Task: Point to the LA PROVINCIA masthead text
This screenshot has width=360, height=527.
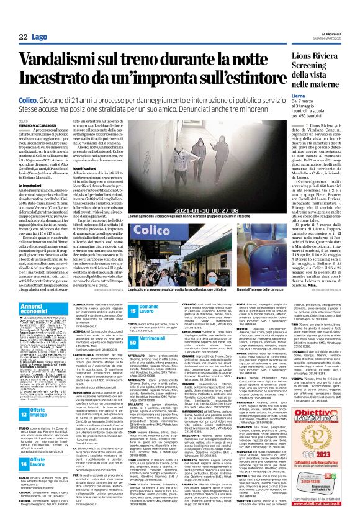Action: (x=338, y=35)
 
